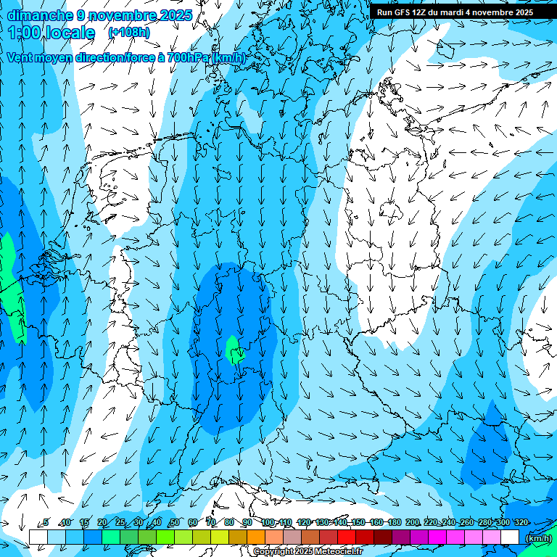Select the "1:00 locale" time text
click(51, 33)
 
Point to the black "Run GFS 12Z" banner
click(455, 12)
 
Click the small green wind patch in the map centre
click(234, 350)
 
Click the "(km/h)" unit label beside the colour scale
click(537, 539)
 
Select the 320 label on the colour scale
click(521, 523)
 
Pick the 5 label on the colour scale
click(46, 523)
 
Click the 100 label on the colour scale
click(267, 523)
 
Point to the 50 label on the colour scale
click(175, 523)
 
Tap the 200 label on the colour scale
click(413, 523)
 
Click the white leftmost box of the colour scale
click(38, 537)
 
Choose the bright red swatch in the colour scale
click(347, 537)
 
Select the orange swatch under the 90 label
click(256, 537)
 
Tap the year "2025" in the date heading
click(176, 15)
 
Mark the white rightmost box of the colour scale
click(510, 537)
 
